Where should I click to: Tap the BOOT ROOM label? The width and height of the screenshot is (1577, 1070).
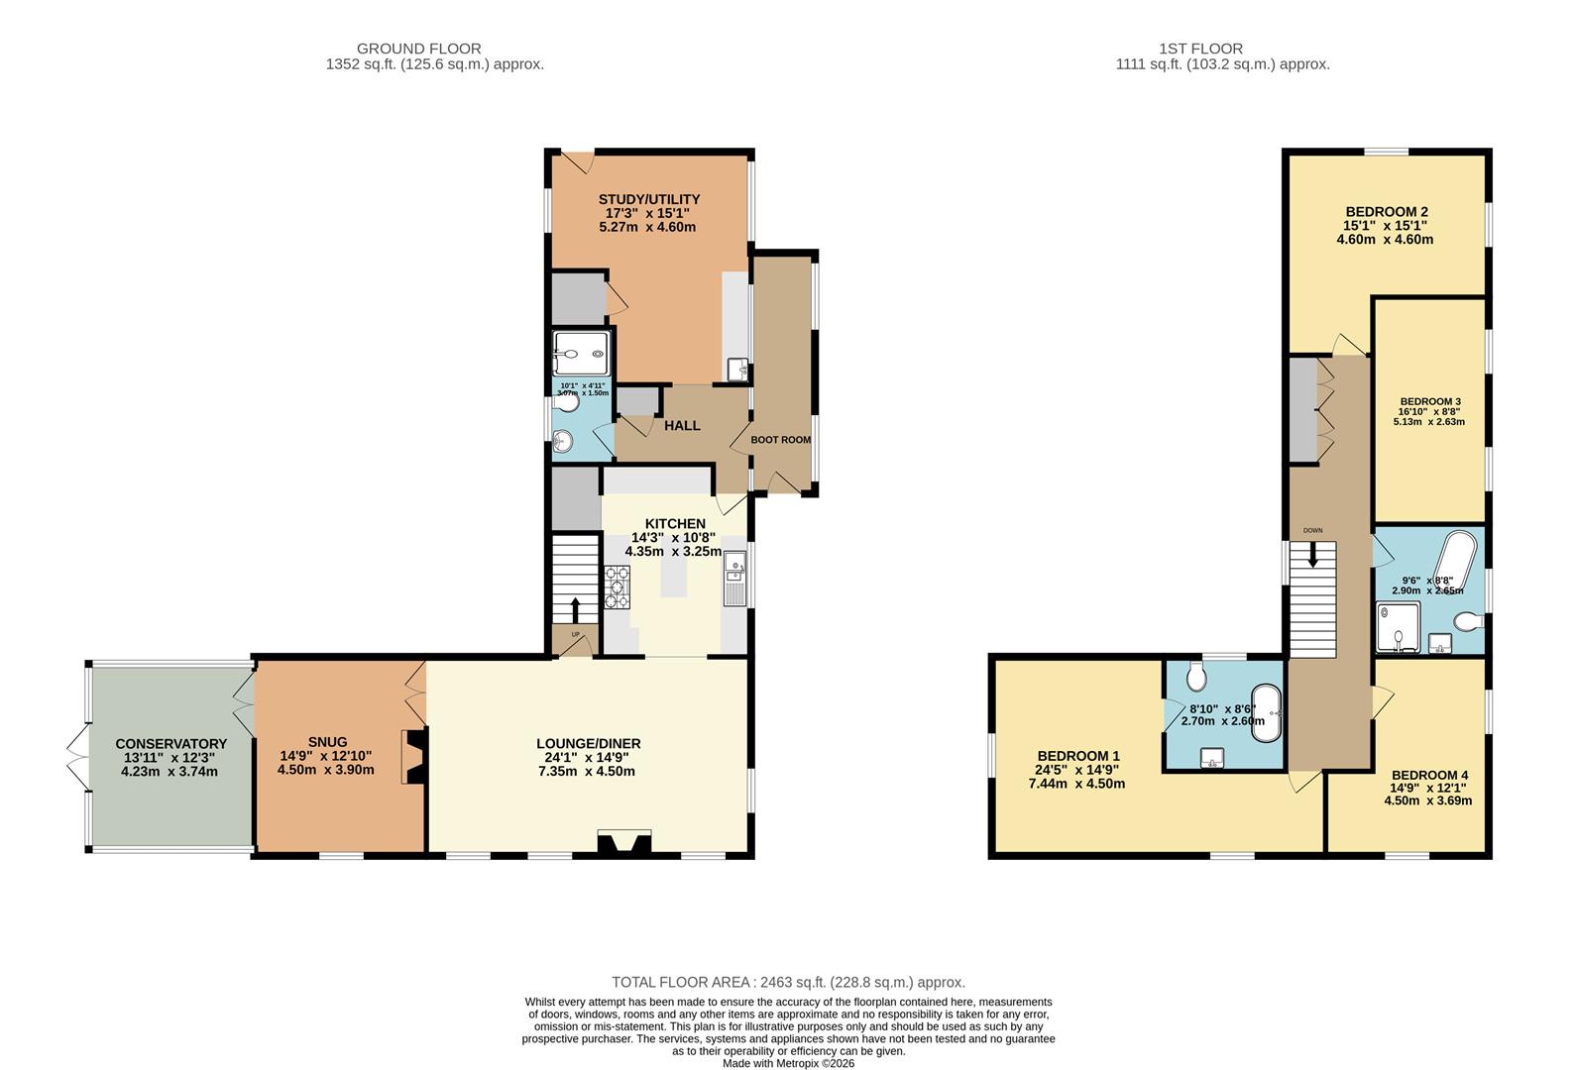point(780,440)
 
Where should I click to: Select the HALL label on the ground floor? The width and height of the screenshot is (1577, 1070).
point(682,425)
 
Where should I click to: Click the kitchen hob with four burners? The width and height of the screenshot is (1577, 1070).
point(617,586)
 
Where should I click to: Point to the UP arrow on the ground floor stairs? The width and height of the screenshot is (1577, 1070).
point(576,608)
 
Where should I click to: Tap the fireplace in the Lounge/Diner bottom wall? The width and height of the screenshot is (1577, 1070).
point(624,843)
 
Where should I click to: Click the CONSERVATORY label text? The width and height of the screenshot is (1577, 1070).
point(170,744)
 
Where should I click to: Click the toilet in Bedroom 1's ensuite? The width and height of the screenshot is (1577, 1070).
point(1196,678)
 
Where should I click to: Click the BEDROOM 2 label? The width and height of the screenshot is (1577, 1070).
point(1386,212)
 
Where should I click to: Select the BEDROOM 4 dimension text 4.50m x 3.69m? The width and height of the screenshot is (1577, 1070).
point(1427,801)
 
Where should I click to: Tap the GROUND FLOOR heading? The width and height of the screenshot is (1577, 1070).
point(418,49)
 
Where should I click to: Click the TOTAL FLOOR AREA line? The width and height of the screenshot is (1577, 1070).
point(788,982)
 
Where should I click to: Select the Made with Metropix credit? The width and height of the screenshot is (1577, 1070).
point(788,1063)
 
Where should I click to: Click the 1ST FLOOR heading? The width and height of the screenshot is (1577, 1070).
point(1200,49)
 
